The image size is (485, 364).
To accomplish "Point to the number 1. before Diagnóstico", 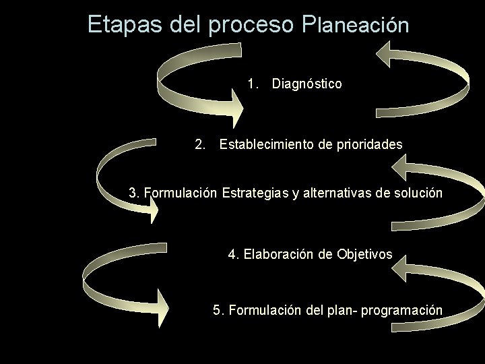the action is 253,84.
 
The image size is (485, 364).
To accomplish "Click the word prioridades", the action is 370,144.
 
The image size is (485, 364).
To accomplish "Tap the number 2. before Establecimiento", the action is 199,144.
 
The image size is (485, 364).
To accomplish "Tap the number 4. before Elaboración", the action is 234,254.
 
